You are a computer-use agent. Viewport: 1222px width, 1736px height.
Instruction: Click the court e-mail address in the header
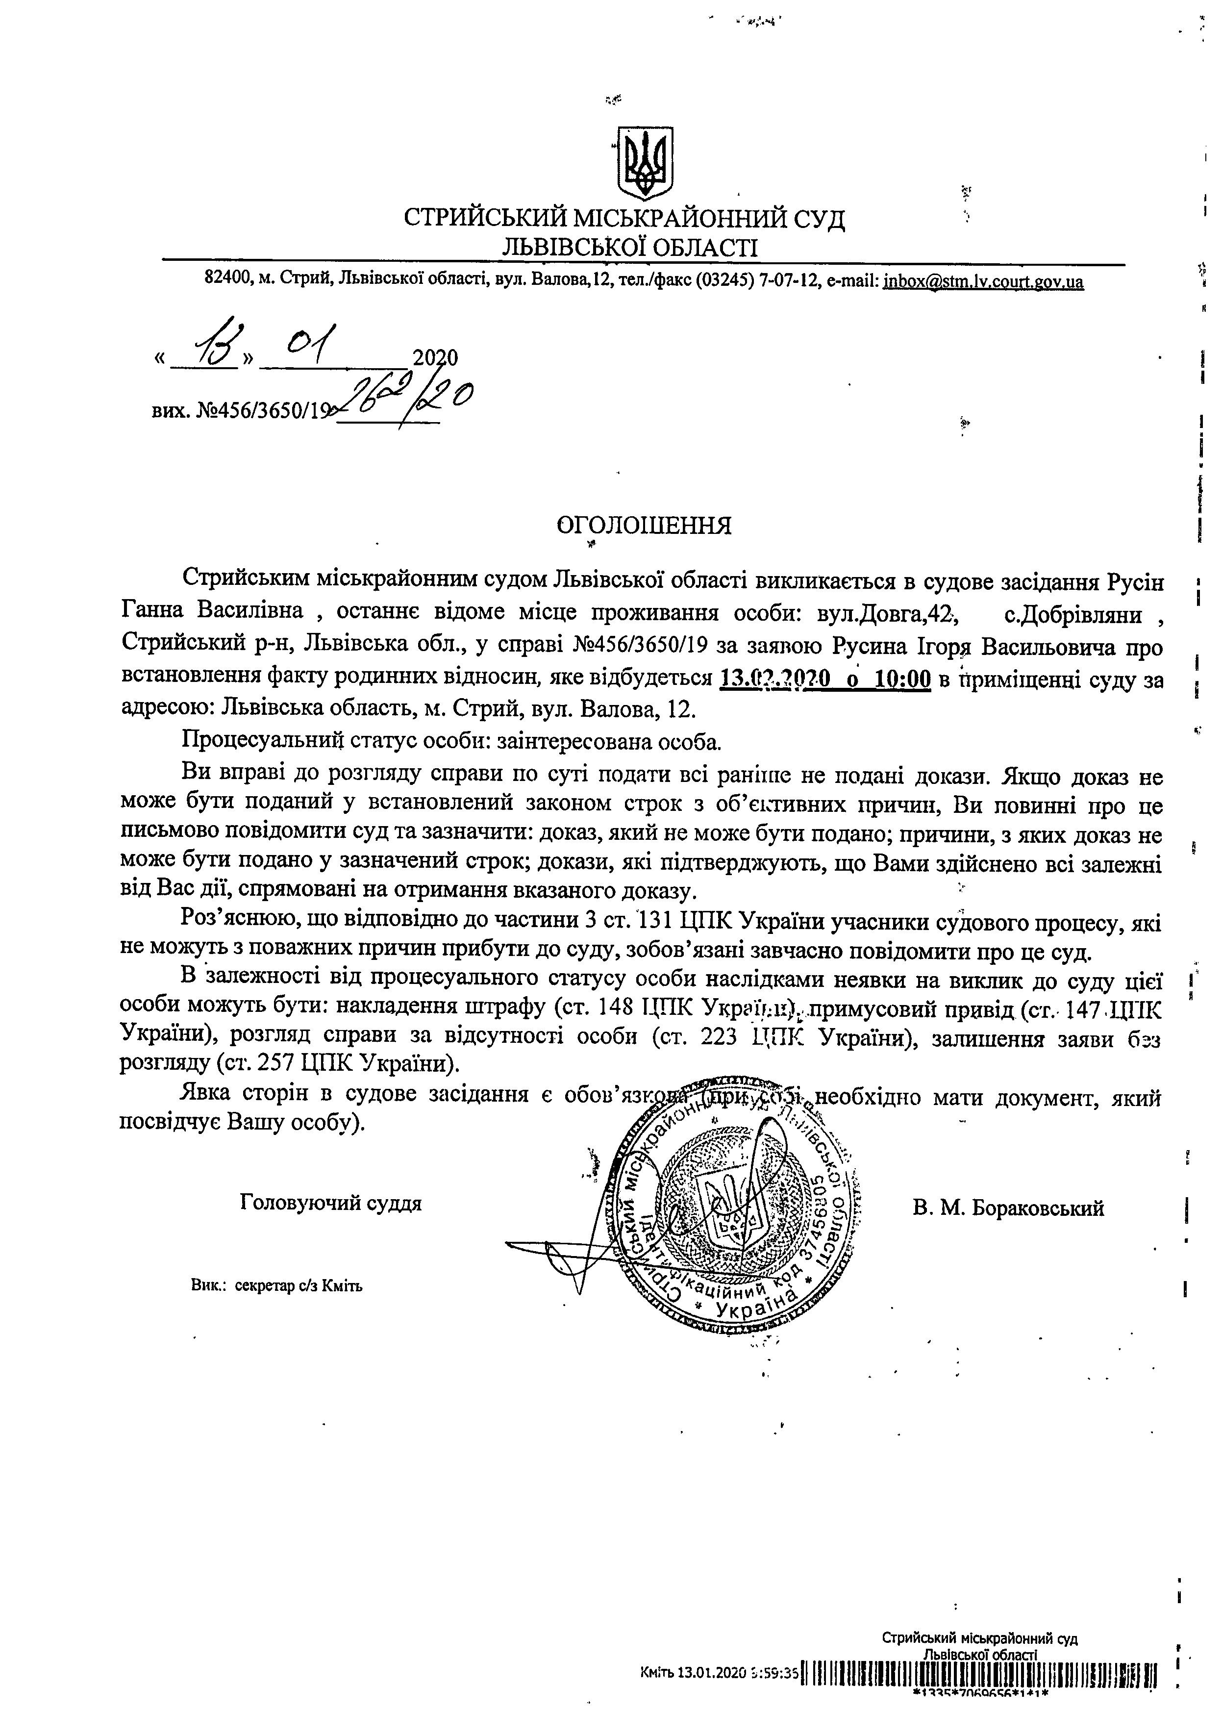(983, 281)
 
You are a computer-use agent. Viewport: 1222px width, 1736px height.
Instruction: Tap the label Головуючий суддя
(330, 1203)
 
